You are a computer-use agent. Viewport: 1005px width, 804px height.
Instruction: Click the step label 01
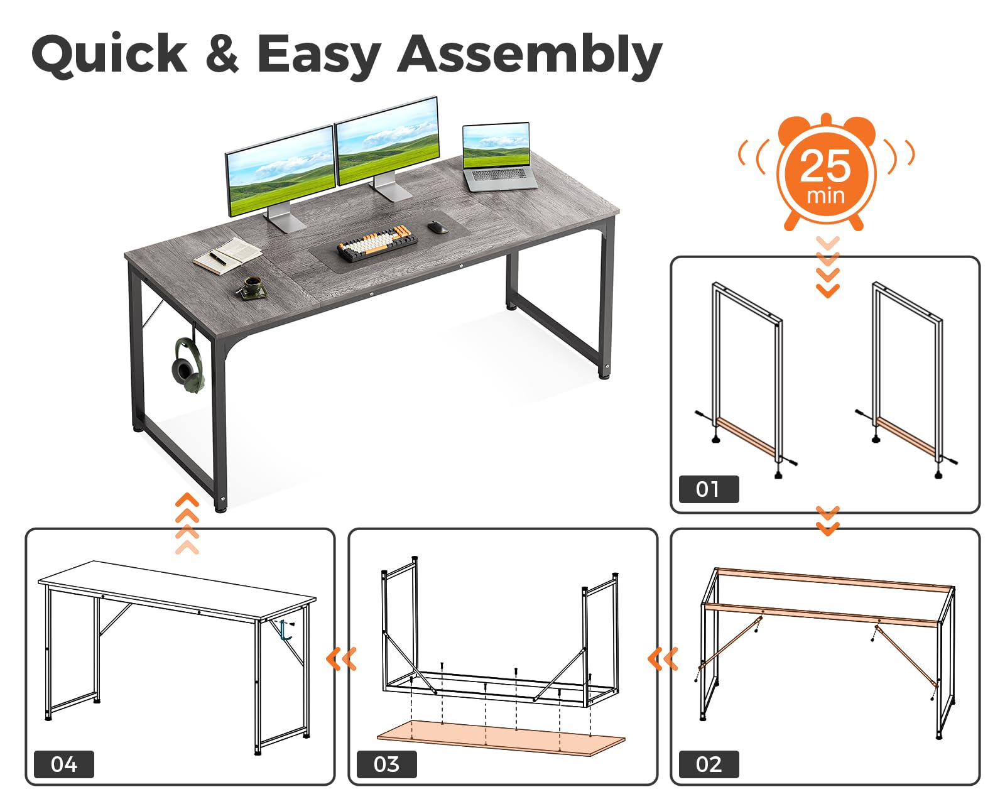(709, 489)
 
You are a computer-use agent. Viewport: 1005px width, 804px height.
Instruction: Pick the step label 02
(709, 764)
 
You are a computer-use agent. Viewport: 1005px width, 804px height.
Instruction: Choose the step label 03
(386, 764)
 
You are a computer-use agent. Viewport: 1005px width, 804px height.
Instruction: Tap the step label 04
(63, 764)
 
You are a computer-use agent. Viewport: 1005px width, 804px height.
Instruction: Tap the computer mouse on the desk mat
(438, 227)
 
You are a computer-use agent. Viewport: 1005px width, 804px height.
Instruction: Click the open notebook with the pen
(227, 255)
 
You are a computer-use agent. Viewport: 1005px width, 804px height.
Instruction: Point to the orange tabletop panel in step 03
(501, 736)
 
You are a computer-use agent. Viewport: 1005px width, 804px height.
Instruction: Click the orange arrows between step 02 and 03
(663, 659)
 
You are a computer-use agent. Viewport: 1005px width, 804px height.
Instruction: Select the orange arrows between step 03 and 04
(341, 659)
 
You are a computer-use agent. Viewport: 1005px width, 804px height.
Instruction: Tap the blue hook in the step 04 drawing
(286, 630)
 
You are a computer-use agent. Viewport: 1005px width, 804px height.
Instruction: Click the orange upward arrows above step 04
(187, 523)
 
